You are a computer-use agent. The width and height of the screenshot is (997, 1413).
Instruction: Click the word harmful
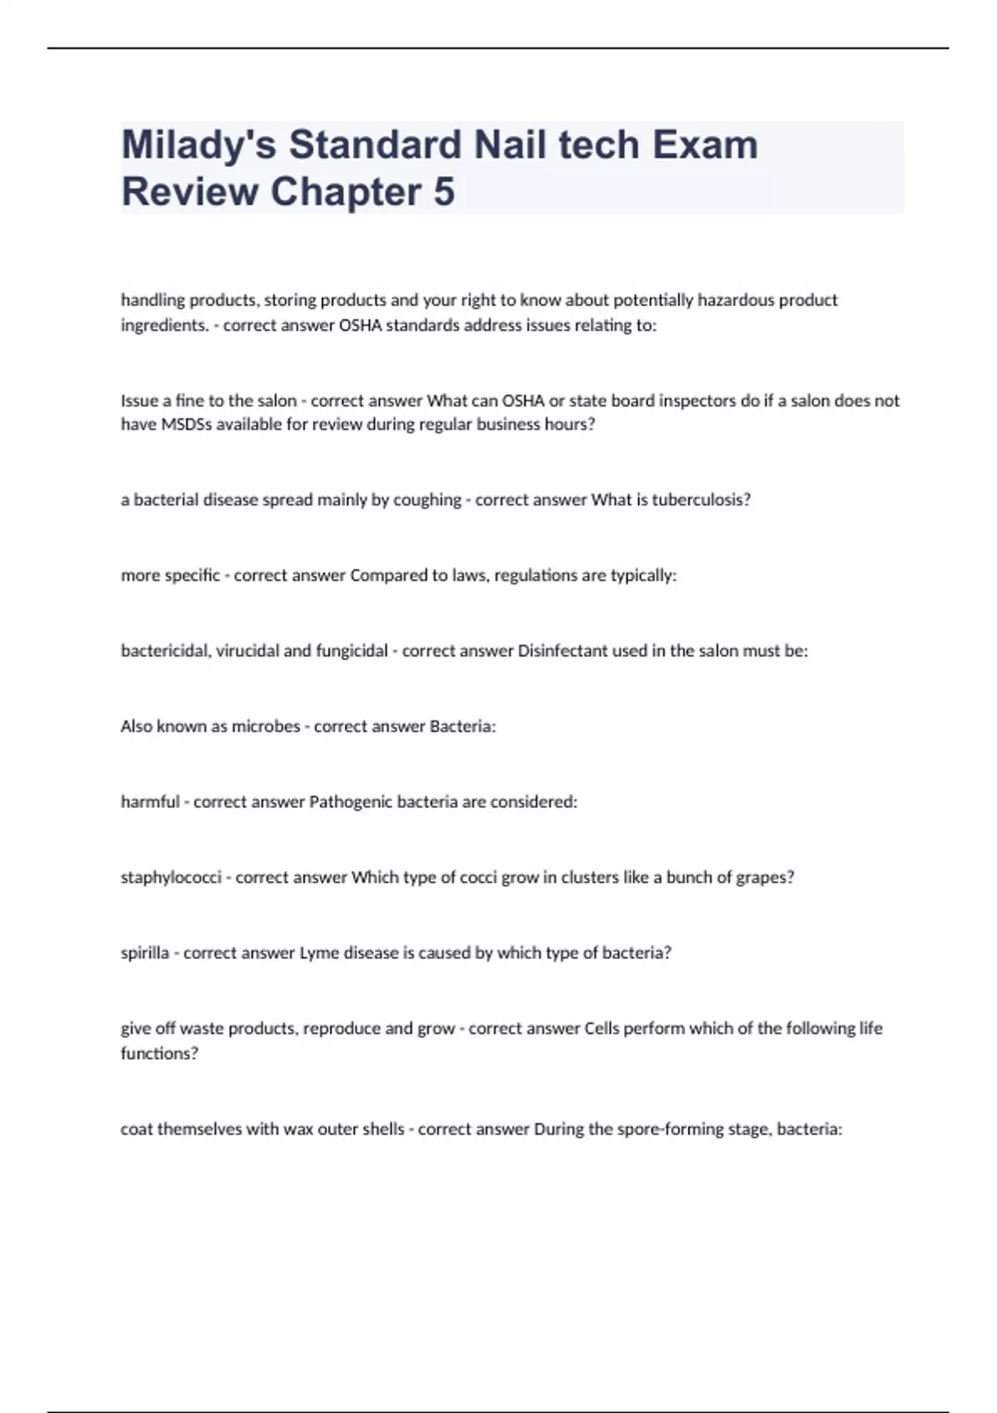tap(150, 802)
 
